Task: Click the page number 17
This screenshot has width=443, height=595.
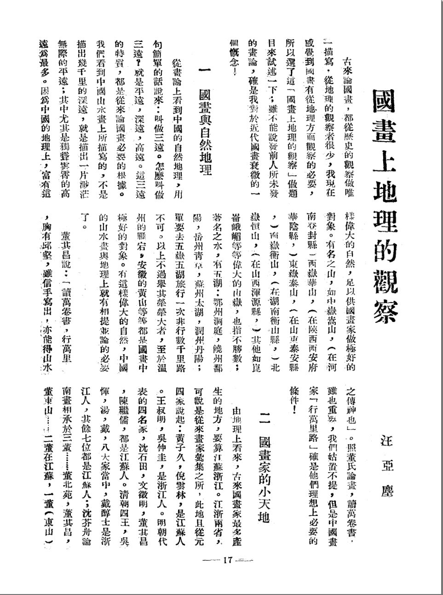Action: [x=228, y=560]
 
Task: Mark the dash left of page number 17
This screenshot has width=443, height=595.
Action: [x=211, y=560]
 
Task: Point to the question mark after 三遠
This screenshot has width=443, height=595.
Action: [x=137, y=72]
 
